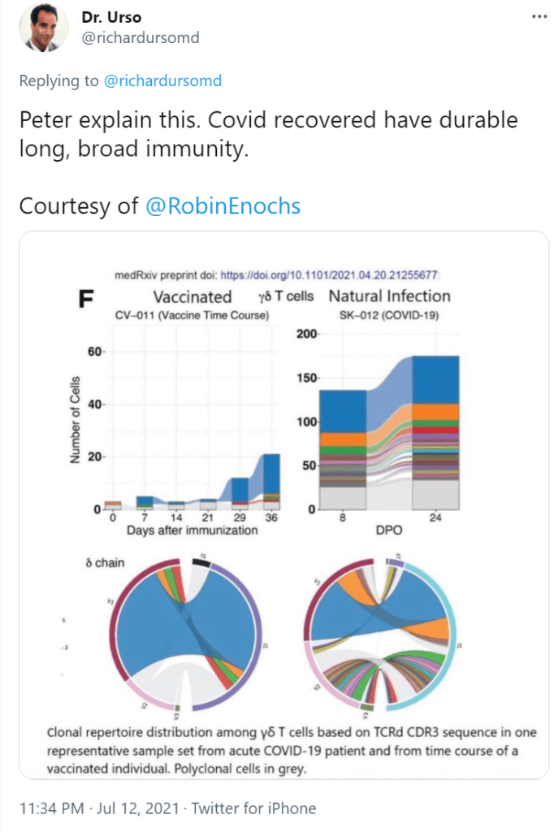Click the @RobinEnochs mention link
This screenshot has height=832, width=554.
(x=223, y=206)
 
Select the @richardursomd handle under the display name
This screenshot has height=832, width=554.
(x=140, y=37)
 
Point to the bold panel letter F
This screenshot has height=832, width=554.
(x=84, y=299)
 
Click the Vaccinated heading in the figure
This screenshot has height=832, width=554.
(x=193, y=297)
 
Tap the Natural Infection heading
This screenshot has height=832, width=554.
(x=389, y=296)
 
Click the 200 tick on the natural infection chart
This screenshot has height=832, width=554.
(x=306, y=334)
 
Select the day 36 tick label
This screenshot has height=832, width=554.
(x=271, y=518)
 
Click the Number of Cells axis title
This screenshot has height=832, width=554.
(x=76, y=420)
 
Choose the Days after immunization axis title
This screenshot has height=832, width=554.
(x=192, y=531)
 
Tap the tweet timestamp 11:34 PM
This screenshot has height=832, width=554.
(x=50, y=808)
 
